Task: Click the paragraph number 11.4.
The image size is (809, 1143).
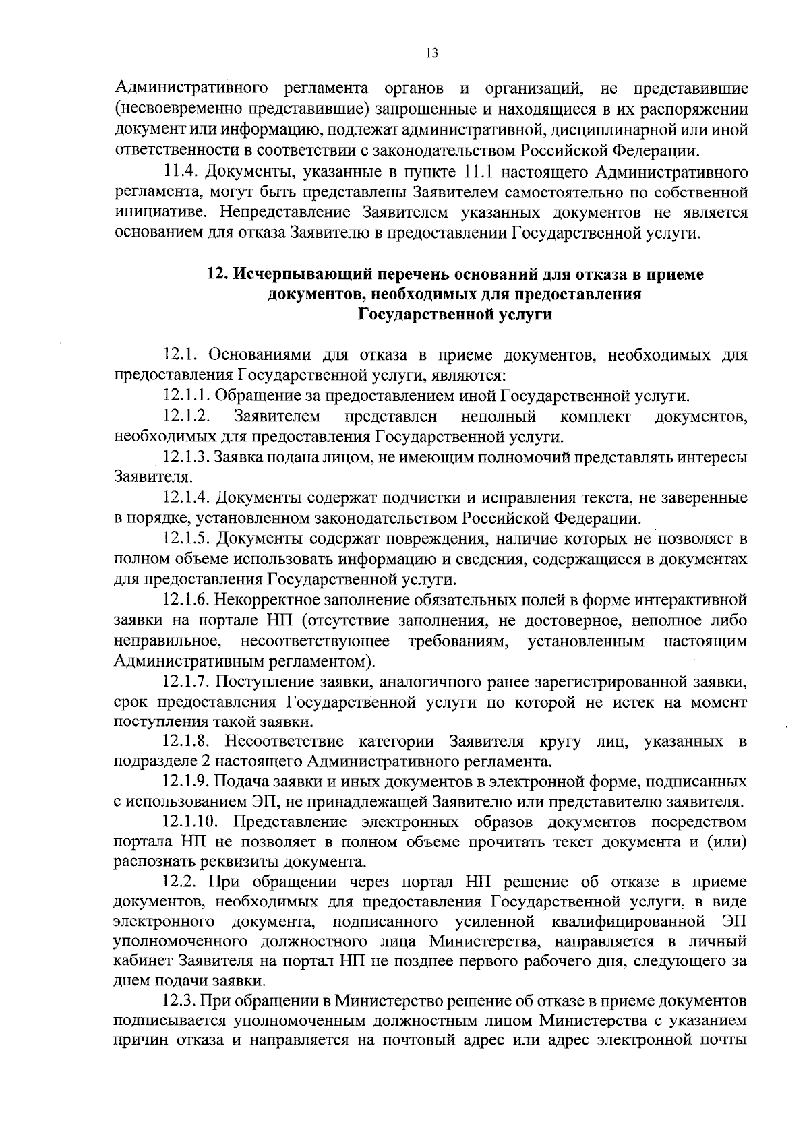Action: (181, 172)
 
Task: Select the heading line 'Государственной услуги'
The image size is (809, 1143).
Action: (455, 315)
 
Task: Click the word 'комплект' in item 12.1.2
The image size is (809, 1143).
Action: (595, 416)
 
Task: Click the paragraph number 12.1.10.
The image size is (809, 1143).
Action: (191, 822)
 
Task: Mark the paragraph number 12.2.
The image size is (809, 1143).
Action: (181, 882)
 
